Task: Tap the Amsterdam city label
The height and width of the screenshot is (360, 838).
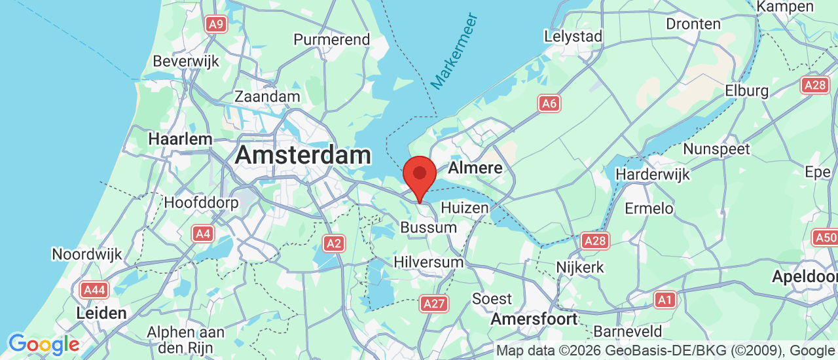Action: [302, 155]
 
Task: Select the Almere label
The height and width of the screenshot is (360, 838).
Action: [475, 168]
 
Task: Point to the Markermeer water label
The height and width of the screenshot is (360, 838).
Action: [455, 51]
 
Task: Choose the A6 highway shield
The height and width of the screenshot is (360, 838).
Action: [549, 103]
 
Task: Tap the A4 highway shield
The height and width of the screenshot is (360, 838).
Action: [202, 233]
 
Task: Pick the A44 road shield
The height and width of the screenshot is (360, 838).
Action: [94, 289]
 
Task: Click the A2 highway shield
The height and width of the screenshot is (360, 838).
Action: [334, 244]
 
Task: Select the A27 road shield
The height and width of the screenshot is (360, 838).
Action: [434, 303]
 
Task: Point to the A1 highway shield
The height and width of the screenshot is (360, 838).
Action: [665, 300]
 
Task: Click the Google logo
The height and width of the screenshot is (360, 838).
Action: [43, 344]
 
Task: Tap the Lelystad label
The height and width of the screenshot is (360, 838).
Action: [573, 37]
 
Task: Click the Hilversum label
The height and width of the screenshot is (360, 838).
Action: [428, 262]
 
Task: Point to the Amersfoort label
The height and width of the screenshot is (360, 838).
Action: [534, 319]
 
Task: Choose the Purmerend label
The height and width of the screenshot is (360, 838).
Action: [331, 39]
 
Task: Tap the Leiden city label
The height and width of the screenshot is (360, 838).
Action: [101, 313]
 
